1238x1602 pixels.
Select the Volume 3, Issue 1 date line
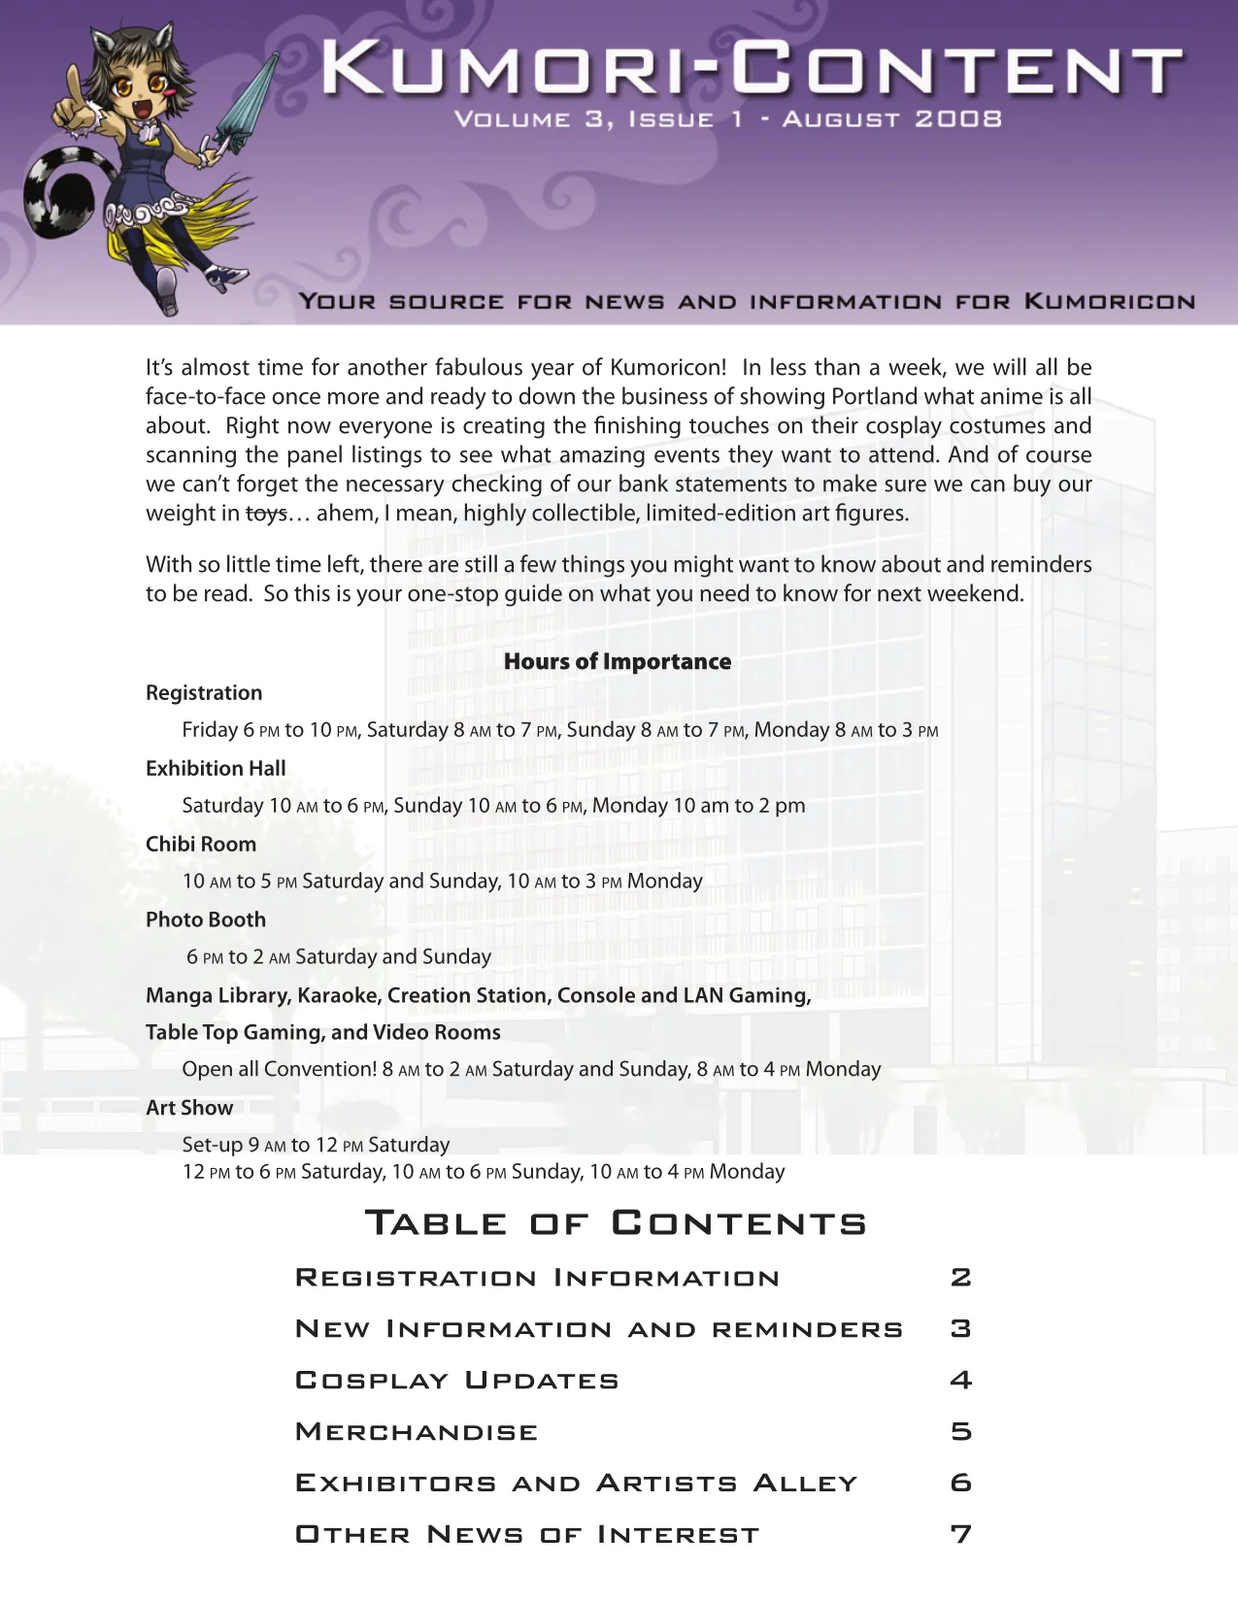point(728,119)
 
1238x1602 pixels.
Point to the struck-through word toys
point(266,514)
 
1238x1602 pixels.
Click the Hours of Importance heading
point(618,661)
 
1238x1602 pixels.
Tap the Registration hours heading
point(204,693)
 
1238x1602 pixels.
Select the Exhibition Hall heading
point(216,769)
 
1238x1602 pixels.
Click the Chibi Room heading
point(201,845)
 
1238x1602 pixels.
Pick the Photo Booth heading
point(206,920)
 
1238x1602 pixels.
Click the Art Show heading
point(189,1109)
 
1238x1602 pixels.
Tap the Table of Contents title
point(616,1223)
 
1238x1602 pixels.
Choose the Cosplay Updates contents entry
point(456,1381)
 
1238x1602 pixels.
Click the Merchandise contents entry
point(417,1432)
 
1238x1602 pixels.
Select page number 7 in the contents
point(960,1535)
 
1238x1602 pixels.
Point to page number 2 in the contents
point(960,1278)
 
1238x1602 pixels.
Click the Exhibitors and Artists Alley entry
point(577,1484)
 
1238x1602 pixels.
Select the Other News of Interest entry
point(527,1535)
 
